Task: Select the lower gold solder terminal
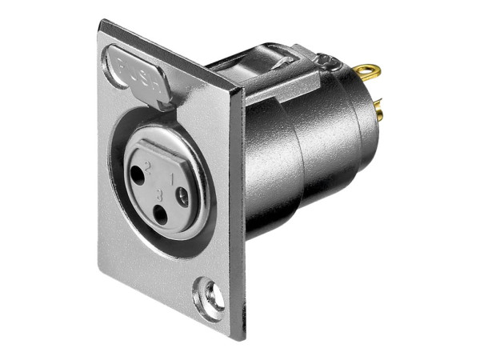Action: [378, 113]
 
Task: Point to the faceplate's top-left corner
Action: [100, 24]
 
